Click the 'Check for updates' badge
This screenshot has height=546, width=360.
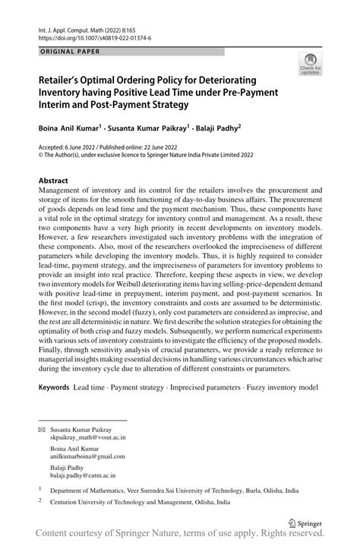(310, 65)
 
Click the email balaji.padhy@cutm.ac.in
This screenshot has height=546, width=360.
(84, 475)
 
